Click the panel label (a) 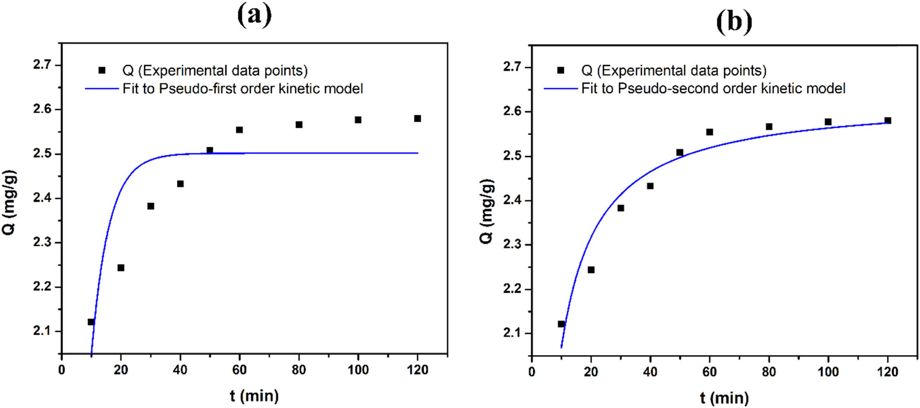tap(254, 15)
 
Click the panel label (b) tap(734, 22)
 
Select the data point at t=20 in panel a tap(121, 268)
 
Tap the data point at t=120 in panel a tap(417, 118)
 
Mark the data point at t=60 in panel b tap(709, 132)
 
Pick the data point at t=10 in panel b tap(561, 324)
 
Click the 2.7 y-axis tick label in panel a tap(42, 65)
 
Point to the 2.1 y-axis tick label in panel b tap(512, 333)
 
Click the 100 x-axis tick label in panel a tap(358, 370)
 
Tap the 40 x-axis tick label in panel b tap(650, 372)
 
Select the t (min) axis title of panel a tap(254, 396)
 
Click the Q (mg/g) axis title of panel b tap(487, 211)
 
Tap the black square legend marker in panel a tap(102, 70)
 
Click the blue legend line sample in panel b tap(560, 89)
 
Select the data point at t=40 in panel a tap(180, 184)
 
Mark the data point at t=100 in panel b tap(828, 122)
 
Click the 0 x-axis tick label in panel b tap(532, 372)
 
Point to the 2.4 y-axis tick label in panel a tap(42, 198)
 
